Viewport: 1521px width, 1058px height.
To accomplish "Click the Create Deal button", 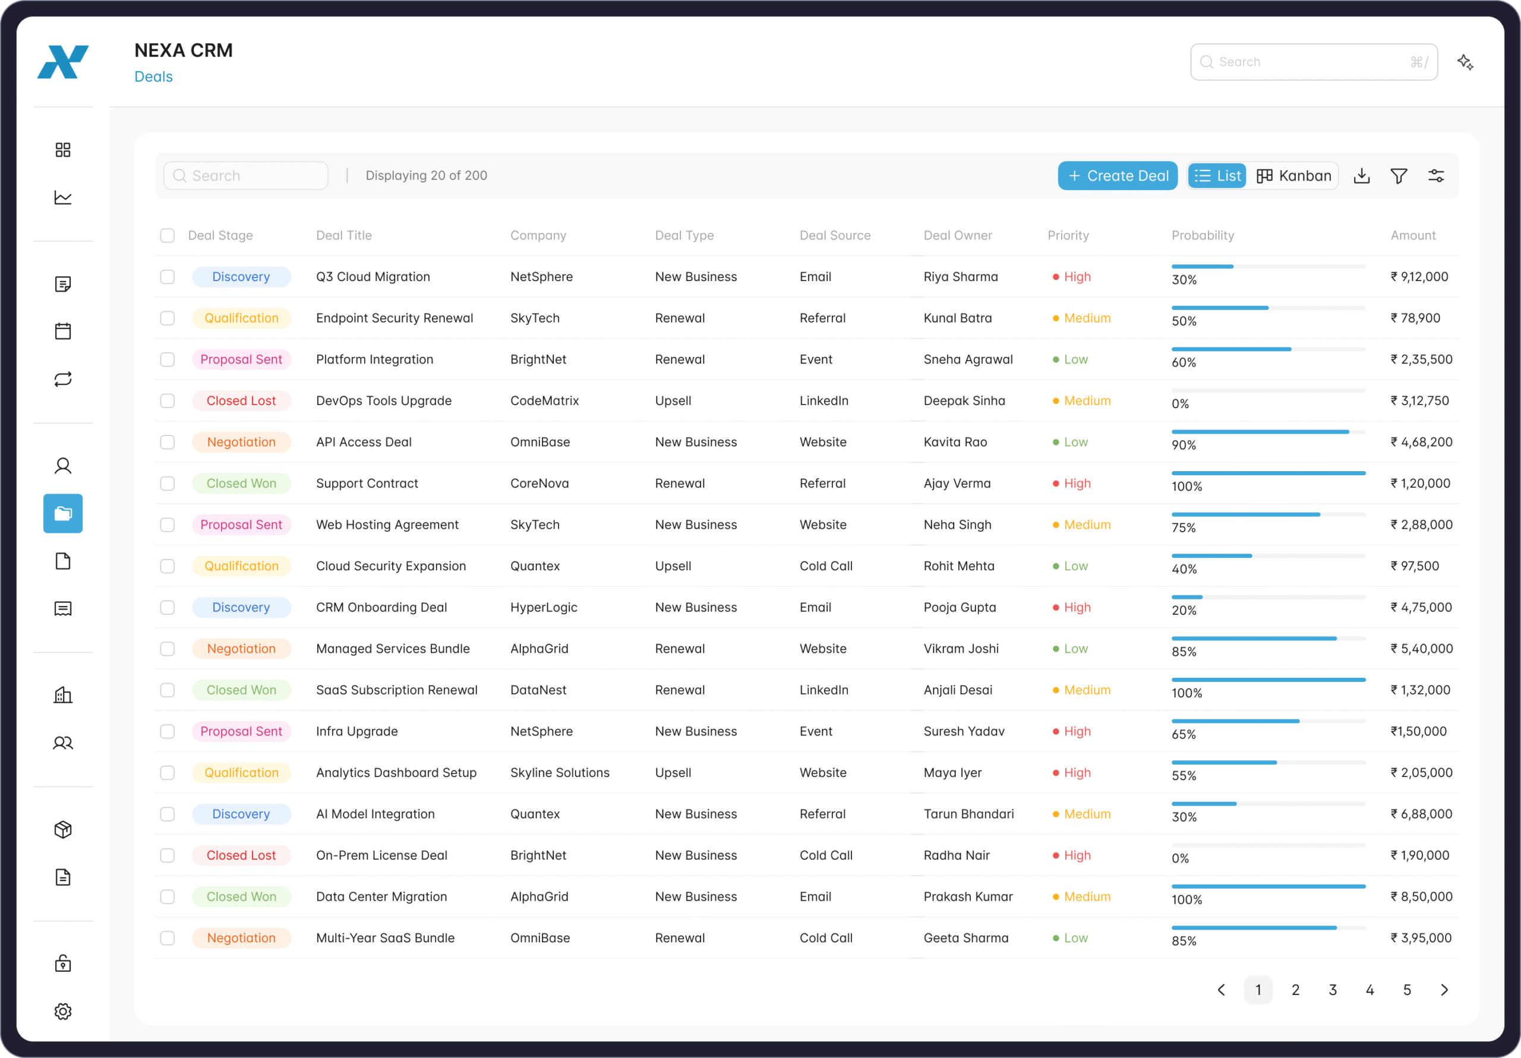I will pyautogui.click(x=1117, y=176).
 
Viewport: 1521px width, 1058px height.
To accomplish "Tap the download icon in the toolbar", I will pyautogui.click(x=1361, y=176).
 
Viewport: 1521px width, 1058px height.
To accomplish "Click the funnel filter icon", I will pyautogui.click(x=1399, y=176).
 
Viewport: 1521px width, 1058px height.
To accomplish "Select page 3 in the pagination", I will pyautogui.click(x=1332, y=990).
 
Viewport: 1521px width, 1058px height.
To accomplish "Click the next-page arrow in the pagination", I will pyautogui.click(x=1444, y=990).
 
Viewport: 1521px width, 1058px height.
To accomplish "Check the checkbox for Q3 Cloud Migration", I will pyautogui.click(x=168, y=277).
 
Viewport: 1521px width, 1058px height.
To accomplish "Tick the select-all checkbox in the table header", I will pyautogui.click(x=168, y=235).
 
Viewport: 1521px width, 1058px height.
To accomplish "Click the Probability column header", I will pyautogui.click(x=1203, y=235).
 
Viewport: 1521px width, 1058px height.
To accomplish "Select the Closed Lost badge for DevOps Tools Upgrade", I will pyautogui.click(x=241, y=401).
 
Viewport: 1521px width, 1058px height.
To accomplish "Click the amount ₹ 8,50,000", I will pyautogui.click(x=1421, y=896).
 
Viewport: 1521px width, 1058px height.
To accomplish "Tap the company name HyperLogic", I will pyautogui.click(x=543, y=607).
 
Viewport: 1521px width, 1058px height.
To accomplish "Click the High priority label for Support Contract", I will pyautogui.click(x=1077, y=484).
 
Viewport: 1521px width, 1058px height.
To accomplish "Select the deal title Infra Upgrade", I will pyautogui.click(x=356, y=731).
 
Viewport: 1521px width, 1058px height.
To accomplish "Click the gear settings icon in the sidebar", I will pyautogui.click(x=63, y=1011).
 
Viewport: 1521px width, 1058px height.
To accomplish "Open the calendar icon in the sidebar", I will pyautogui.click(x=63, y=331).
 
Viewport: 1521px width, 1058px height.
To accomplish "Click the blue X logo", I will pyautogui.click(x=63, y=62).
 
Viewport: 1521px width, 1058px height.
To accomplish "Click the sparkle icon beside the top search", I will pyautogui.click(x=1465, y=62).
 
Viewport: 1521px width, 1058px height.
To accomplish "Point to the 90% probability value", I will pyautogui.click(x=1183, y=445).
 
